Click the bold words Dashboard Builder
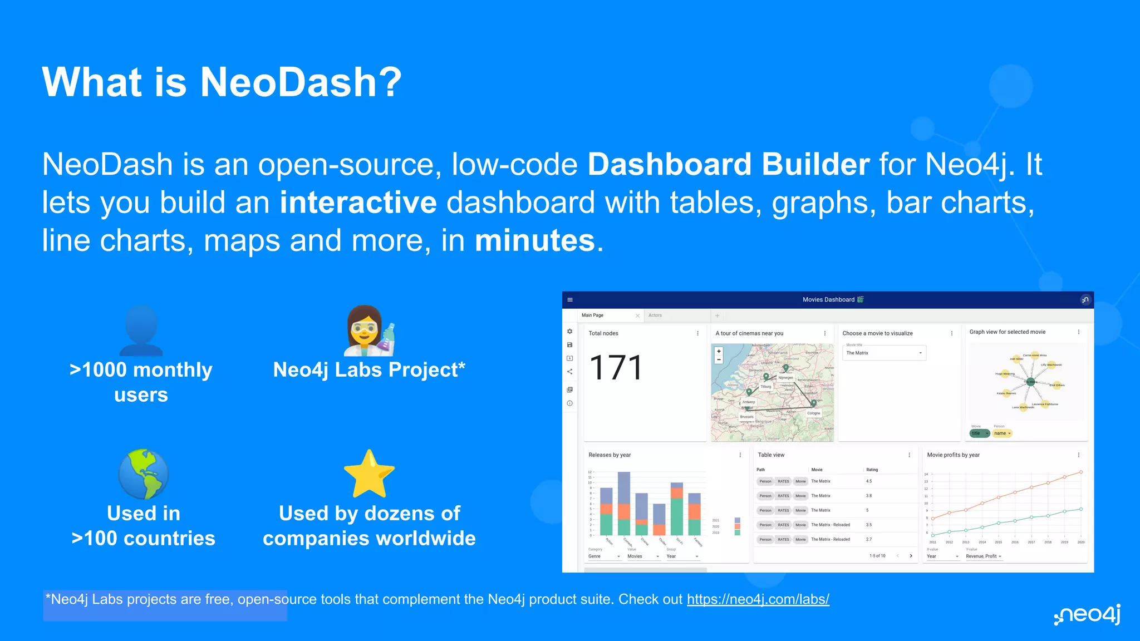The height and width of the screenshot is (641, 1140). click(x=728, y=165)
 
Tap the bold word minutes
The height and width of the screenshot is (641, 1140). click(x=534, y=241)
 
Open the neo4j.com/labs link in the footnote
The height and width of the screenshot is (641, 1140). click(x=758, y=599)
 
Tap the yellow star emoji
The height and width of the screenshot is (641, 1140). click(x=369, y=474)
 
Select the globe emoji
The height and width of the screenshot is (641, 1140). click(x=143, y=474)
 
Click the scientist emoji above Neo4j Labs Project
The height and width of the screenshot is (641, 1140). click(x=369, y=331)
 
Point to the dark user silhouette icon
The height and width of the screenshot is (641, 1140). click(x=141, y=331)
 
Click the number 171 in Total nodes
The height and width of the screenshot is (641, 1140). click(x=616, y=368)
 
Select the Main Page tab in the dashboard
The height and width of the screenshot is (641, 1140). click(x=593, y=315)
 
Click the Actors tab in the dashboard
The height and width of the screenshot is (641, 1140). click(x=655, y=315)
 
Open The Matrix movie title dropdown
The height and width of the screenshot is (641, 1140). click(x=883, y=353)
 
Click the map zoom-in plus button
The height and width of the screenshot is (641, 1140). click(x=719, y=351)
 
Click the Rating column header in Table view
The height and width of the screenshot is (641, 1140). click(x=872, y=470)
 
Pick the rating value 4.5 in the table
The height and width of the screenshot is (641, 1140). click(x=869, y=481)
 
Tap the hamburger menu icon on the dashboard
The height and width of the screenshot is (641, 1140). click(x=570, y=300)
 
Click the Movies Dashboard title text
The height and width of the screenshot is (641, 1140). click(x=828, y=300)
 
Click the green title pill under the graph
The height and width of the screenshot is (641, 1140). click(x=979, y=433)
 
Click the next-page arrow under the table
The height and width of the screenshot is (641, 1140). click(x=911, y=556)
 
